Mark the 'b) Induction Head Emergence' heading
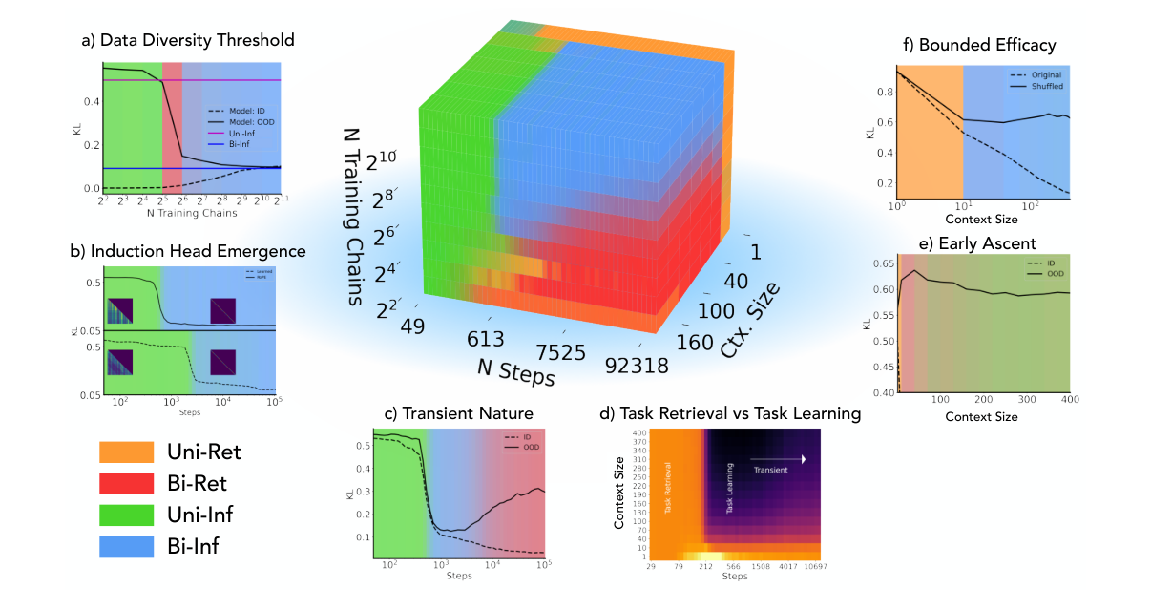[188, 251]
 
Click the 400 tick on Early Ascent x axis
[1069, 399]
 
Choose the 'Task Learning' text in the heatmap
[730, 493]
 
